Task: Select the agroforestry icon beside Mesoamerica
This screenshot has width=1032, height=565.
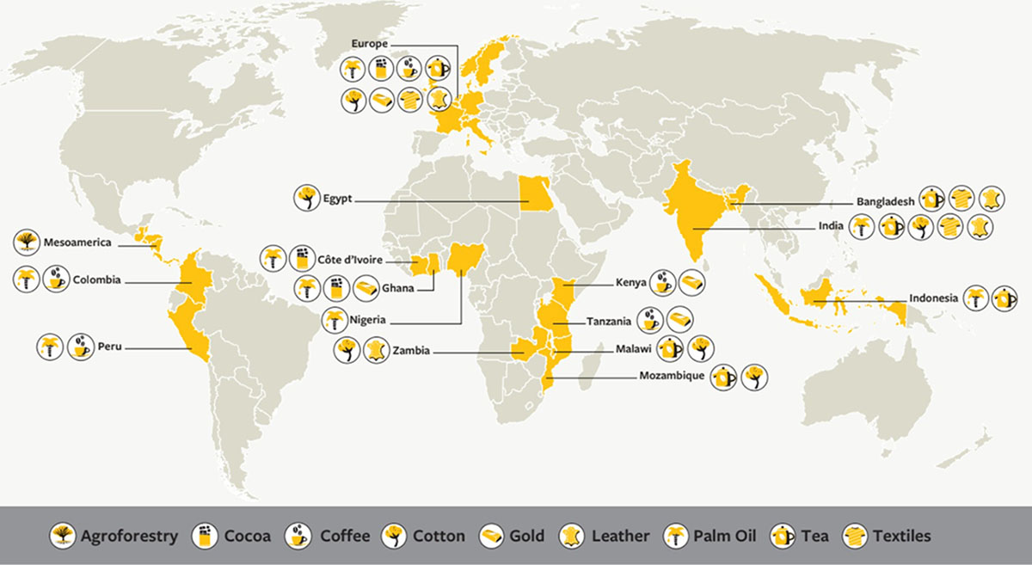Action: [26, 242]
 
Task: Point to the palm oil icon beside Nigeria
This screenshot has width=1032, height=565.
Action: [335, 319]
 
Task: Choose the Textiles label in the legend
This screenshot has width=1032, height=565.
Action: [901, 536]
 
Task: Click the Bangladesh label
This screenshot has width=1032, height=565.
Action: [885, 201]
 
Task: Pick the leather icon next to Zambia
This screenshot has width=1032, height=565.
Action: [376, 350]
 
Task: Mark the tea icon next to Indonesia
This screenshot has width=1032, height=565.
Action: [1004, 298]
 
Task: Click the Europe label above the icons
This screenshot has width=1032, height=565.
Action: [371, 42]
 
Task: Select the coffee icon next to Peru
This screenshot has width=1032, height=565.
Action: [80, 347]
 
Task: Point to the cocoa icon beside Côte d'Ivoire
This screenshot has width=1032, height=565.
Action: [301, 258]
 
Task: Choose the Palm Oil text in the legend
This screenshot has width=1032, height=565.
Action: [722, 536]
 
